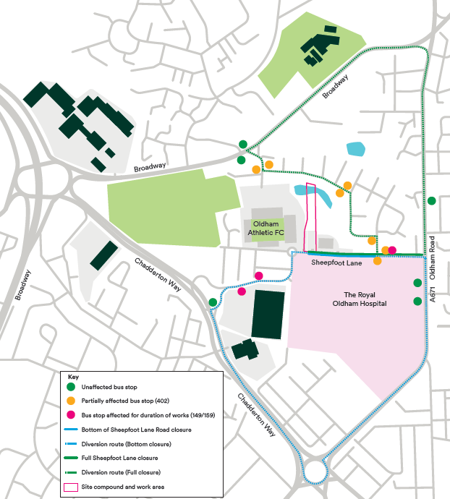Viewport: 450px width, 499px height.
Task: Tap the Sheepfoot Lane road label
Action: click(336, 264)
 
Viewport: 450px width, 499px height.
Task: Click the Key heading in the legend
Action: click(72, 378)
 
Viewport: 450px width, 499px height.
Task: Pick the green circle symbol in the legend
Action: click(71, 388)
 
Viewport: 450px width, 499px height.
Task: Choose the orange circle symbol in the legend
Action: click(71, 401)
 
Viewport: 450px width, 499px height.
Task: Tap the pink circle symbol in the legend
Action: click(71, 415)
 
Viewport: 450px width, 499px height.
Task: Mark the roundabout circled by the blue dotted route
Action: click(315, 472)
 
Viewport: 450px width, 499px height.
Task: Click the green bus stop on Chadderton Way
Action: click(213, 302)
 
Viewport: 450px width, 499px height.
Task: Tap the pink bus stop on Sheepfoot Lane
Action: click(392, 250)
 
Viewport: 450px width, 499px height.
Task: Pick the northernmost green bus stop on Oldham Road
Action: click(431, 200)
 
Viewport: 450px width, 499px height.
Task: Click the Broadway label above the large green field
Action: click(150, 168)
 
